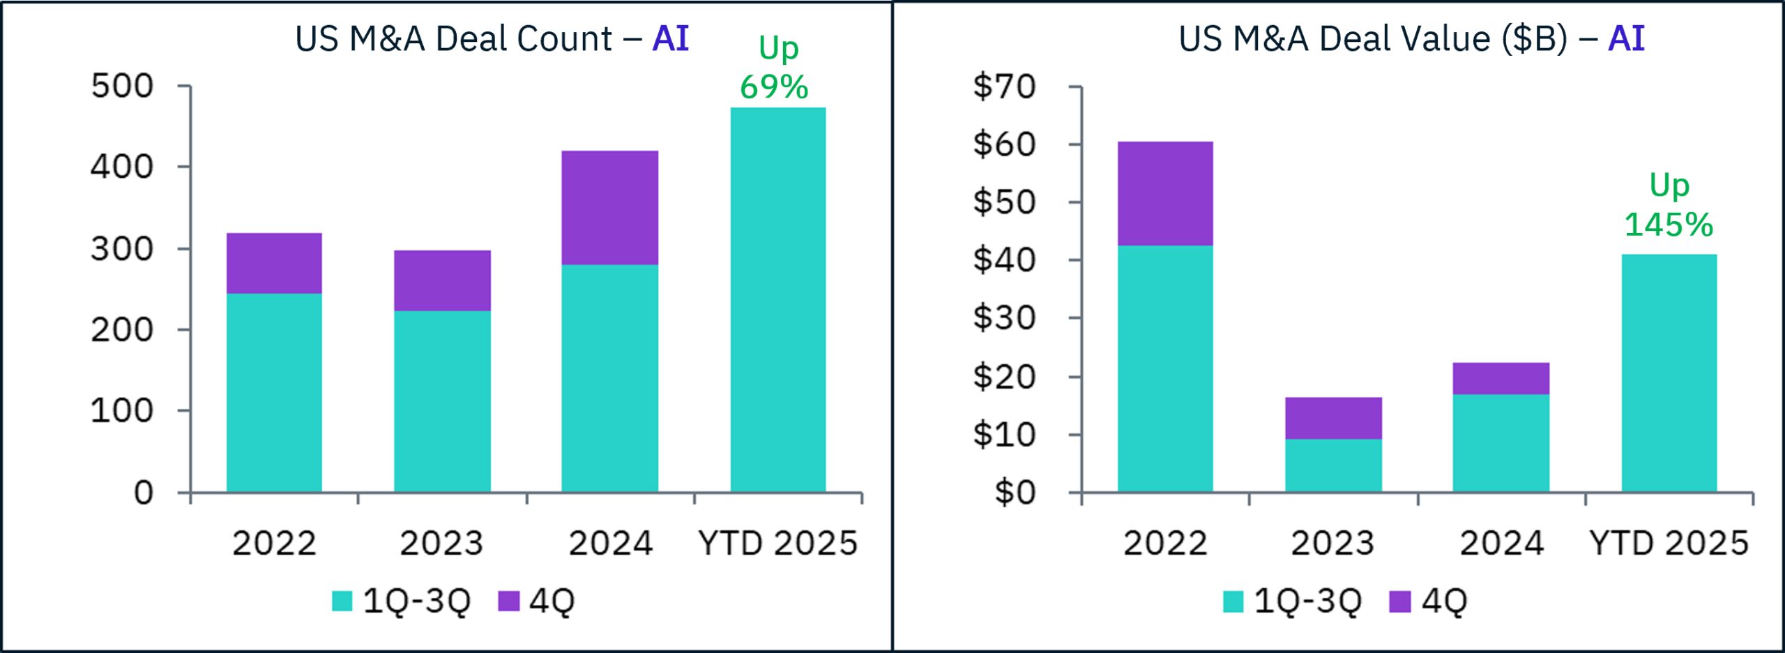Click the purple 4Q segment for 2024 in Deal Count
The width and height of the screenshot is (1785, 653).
pos(609,207)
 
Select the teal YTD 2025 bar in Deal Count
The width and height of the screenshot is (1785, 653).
pos(777,300)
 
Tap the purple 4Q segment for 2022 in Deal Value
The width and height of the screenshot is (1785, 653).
pos(1165,193)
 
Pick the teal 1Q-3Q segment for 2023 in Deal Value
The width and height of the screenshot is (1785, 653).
pos(1333,465)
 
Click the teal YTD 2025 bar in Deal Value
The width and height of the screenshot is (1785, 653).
pos(1669,373)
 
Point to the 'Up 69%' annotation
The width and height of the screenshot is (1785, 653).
pos(775,68)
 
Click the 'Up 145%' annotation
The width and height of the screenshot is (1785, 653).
pos(1669,205)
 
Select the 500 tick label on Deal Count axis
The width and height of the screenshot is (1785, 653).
pos(122,87)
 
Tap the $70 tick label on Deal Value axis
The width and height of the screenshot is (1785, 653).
pos(1004,87)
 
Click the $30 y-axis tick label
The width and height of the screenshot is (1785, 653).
pos(1004,318)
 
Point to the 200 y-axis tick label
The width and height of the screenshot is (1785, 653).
pos(122,330)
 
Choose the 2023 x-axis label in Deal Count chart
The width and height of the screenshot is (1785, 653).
pos(441,543)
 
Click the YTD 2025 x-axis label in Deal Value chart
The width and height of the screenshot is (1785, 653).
pos(1669,543)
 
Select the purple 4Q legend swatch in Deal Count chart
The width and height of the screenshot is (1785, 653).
pos(509,601)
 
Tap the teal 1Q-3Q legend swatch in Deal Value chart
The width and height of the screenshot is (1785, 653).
pos(1233,601)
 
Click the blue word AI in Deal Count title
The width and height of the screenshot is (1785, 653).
pos(670,38)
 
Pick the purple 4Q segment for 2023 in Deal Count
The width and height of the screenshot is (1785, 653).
pos(442,280)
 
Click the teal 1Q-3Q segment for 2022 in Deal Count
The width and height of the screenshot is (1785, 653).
pos(274,393)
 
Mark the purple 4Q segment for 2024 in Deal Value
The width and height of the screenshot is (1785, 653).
pos(1501,378)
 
